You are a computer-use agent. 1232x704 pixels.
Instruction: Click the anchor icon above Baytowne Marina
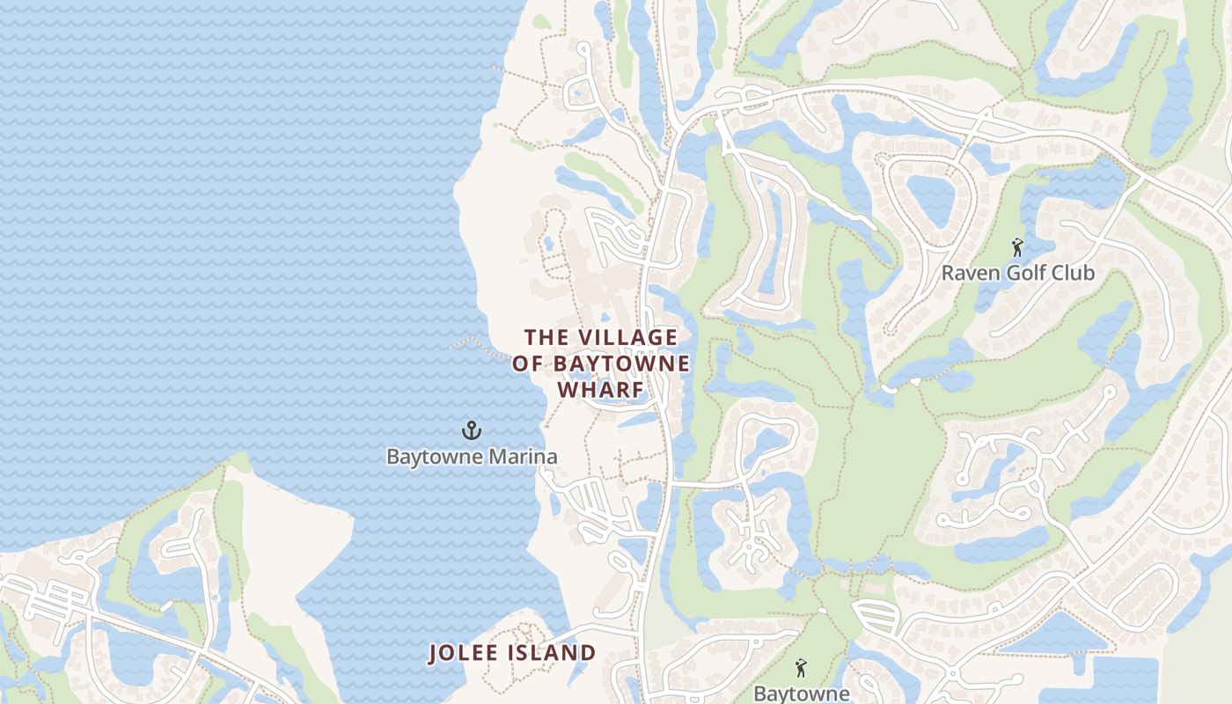tap(473, 430)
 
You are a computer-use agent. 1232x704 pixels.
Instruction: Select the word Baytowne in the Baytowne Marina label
tap(436, 457)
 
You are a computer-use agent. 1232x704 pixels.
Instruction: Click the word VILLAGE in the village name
tap(627, 338)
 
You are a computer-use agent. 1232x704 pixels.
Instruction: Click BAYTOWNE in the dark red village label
tap(621, 363)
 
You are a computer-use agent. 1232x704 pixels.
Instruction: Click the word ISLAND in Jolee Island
tap(553, 653)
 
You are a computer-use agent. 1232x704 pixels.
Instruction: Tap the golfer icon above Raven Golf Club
tap(1017, 247)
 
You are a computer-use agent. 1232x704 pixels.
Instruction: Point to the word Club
tap(1074, 273)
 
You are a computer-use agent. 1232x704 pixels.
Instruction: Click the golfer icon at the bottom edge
tap(801, 668)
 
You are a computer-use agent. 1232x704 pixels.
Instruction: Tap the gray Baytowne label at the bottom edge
tap(801, 693)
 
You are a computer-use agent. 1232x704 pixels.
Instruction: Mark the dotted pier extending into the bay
tap(480, 342)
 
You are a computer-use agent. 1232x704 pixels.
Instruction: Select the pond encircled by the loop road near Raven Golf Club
tap(931, 200)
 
